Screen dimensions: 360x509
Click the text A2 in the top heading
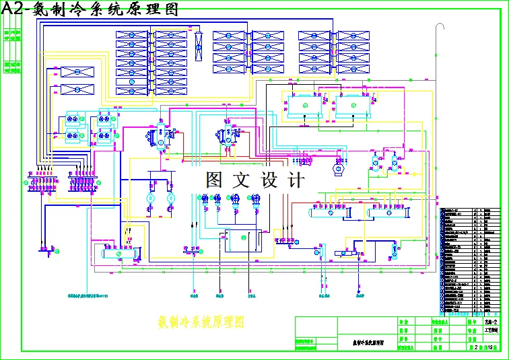coord(13,8)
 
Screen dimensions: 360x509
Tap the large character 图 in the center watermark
coord(214,180)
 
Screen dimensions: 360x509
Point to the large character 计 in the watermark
coord(296,180)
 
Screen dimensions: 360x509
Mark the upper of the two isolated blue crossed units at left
coord(77,72)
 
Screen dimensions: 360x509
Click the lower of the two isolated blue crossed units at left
coord(77,89)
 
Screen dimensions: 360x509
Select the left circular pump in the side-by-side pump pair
coord(151,199)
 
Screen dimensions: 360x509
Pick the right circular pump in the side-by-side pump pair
coord(170,199)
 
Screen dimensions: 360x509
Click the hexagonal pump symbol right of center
coord(338,170)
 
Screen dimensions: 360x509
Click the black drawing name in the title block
coord(368,342)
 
